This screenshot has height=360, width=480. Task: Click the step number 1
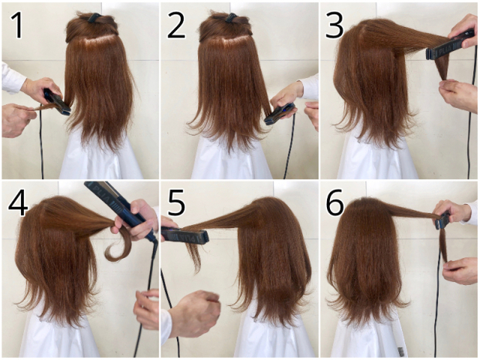(17, 25)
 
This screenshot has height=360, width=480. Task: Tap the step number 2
(176, 25)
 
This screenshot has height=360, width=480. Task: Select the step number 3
(334, 25)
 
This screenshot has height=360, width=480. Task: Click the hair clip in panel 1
(94, 18)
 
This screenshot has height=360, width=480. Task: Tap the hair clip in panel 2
(231, 18)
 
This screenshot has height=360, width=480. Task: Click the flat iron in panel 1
(56, 102)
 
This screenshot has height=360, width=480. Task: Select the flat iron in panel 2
(280, 114)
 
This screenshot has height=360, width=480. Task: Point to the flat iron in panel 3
(449, 46)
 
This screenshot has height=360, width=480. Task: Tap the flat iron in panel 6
(443, 219)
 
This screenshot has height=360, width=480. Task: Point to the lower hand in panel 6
(460, 271)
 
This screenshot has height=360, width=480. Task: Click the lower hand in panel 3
(458, 94)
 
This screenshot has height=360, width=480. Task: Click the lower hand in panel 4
(147, 308)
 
